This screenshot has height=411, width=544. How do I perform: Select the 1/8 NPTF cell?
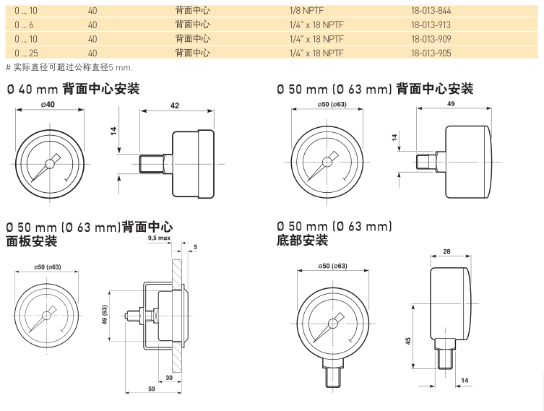[x=303, y=11]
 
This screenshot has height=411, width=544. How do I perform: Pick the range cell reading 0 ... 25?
[x=25, y=53]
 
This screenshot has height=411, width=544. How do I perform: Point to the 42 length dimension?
[x=176, y=105]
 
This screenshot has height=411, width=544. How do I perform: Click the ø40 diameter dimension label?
[x=48, y=105]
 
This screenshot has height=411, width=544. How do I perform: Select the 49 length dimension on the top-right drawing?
[x=451, y=105]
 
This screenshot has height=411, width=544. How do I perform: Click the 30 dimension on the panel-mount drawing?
[x=168, y=377]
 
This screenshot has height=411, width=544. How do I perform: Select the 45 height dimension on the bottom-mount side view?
[x=407, y=340]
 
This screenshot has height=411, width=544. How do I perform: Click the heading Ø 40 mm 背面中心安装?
[x=72, y=89]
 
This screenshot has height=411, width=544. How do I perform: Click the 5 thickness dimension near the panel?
[x=194, y=247]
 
